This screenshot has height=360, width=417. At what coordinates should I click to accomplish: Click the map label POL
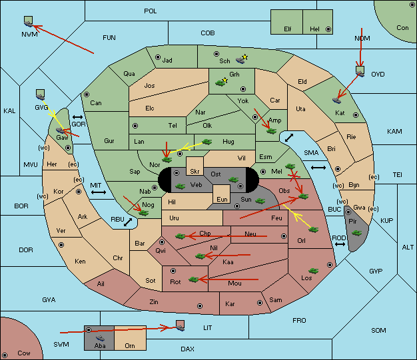[151, 11]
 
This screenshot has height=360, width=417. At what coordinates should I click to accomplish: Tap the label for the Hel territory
[314, 29]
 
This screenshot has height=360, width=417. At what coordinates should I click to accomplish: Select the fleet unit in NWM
[29, 21]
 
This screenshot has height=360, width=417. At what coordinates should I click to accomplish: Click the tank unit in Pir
[356, 233]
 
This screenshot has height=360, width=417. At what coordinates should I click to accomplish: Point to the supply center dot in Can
[87, 94]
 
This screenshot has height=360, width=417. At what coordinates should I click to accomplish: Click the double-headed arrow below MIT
[99, 192]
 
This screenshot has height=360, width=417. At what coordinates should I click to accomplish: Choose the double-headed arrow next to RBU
[128, 222]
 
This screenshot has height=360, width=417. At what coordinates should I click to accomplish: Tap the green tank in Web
[180, 186]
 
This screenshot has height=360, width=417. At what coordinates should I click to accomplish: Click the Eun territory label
[222, 199]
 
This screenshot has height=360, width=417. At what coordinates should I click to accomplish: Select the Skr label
[195, 172]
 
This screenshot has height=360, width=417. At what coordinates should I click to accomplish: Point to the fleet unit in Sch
[240, 61]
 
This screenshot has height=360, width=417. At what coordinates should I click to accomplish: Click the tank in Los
[314, 271]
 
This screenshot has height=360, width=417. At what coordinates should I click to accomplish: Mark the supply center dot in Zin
[200, 306]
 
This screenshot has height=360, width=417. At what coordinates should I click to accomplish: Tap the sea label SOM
[378, 331]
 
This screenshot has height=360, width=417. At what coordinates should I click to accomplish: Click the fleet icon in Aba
[101, 338]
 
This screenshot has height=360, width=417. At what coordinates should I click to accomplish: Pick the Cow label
[24, 353]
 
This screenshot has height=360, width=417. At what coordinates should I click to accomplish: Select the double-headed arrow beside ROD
[340, 244]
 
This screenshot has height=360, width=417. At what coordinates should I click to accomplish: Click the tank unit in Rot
[194, 279]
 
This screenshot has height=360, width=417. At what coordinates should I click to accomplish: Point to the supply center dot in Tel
[135, 126]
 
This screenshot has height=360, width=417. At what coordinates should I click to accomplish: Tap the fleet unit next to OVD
[360, 71]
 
